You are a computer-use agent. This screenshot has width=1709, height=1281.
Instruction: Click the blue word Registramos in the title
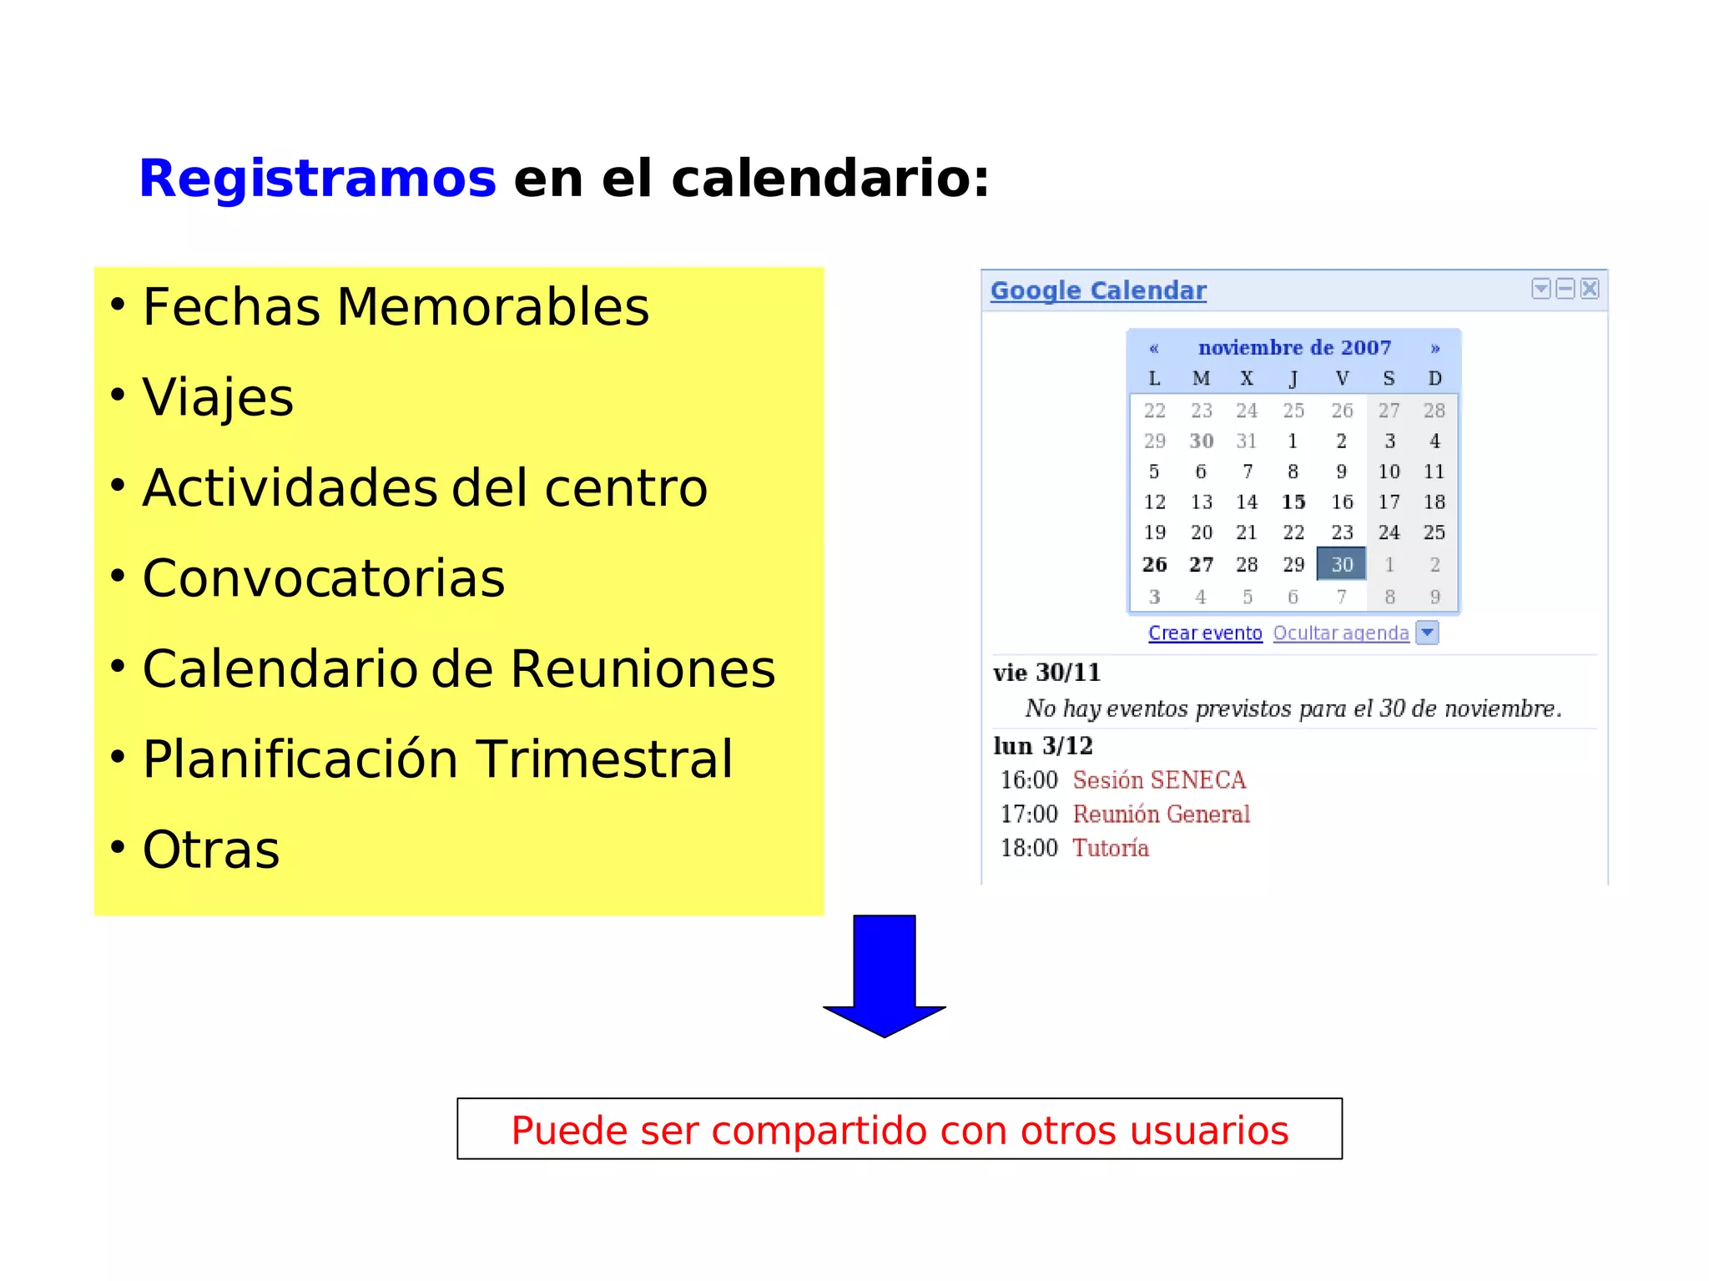pos(317,179)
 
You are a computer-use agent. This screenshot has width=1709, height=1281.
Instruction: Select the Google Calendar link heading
pos(1098,290)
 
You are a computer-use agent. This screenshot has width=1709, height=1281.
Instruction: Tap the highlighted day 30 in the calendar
pos(1341,564)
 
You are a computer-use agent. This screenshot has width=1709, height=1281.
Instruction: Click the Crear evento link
pos(1205,633)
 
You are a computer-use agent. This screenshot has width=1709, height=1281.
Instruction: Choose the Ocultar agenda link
pos(1340,633)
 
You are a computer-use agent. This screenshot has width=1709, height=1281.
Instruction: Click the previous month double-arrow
pos(1154,348)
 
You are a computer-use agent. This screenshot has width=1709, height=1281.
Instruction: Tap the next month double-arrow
pos(1435,348)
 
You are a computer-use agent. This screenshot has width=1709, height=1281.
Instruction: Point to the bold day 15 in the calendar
pos(1293,502)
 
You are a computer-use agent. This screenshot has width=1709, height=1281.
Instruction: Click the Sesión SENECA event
pos(1159,780)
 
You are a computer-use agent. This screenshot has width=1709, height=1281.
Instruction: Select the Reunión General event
pos(1161,814)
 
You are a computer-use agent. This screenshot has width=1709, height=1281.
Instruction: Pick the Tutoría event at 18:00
pos(1111,848)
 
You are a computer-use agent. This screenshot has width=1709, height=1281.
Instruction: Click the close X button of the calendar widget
pos(1590,289)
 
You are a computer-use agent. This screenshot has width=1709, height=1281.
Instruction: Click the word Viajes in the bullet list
pos(218,397)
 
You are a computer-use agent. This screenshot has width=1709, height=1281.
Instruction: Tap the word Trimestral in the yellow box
pos(605,759)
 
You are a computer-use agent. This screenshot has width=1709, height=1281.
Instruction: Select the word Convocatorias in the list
pos(324,578)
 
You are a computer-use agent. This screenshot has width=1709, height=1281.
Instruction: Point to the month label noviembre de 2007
pos(1294,347)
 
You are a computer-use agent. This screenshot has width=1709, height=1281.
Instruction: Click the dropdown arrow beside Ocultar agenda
pos(1428,633)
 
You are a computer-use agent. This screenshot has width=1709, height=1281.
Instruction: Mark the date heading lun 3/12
pos(1042,745)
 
